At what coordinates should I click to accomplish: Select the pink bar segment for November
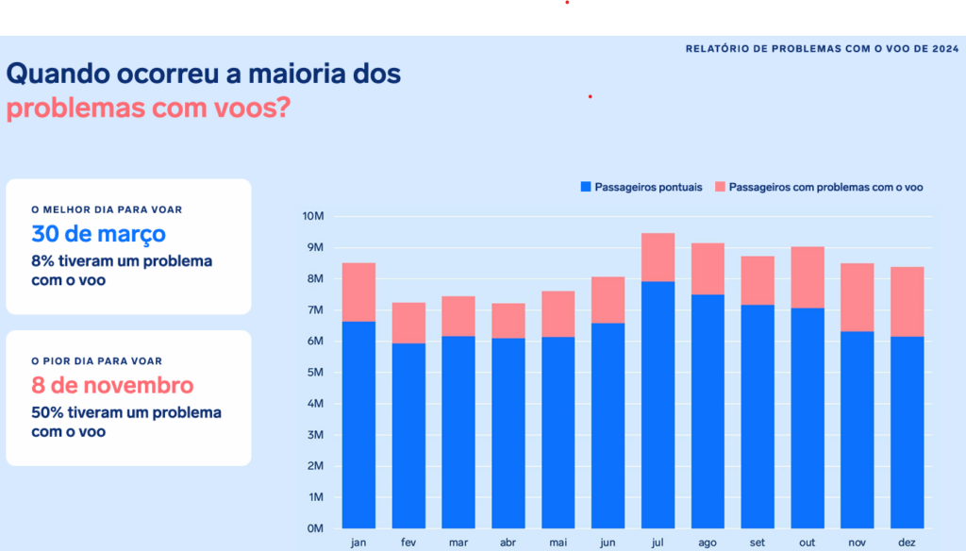coord(857,297)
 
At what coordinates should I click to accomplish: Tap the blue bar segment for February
coord(408,435)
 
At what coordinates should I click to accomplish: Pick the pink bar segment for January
coord(358,292)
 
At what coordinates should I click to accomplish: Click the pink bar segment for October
coord(807,277)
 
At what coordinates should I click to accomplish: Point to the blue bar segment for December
coord(907,432)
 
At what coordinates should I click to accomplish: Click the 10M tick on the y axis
coord(313,216)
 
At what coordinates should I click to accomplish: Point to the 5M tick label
coord(316,373)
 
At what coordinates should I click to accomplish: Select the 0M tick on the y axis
coord(316,528)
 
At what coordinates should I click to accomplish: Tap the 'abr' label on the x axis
coord(508,543)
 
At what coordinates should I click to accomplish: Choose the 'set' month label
coord(757,543)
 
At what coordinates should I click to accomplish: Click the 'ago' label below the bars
coord(708,543)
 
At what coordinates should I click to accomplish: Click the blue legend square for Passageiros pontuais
coord(585,187)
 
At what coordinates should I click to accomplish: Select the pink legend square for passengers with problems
coord(720,187)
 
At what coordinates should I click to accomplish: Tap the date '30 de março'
coord(98,234)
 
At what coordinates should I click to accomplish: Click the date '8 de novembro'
coord(112,385)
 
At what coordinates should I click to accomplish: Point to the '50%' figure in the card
coord(47,413)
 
